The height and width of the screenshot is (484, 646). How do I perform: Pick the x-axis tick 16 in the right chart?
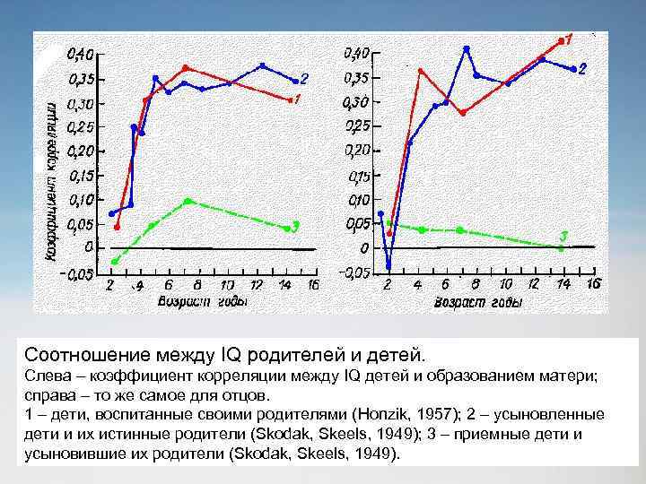593,283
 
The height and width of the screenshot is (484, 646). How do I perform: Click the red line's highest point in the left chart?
186,67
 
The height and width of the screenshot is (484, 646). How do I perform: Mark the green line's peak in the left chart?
187,201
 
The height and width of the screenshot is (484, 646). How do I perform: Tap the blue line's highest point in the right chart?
467,48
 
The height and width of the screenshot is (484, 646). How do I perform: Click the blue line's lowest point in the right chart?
388,266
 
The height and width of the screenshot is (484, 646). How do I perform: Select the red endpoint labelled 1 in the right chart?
560,40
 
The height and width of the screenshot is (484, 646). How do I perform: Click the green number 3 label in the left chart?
295,225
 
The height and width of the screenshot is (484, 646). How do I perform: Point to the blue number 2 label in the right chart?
582,69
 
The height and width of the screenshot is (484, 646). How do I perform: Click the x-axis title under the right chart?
478,303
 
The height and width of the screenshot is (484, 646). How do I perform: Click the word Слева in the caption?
46,377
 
